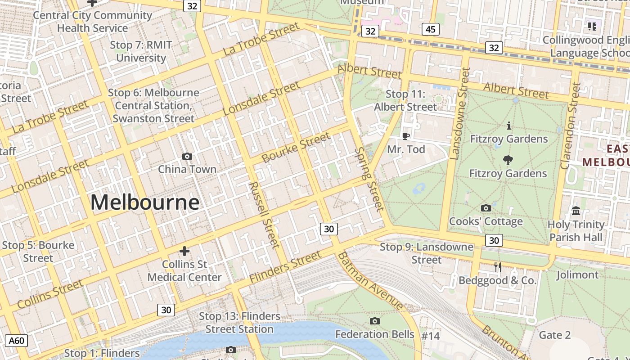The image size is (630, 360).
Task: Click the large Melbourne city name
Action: pyautogui.click(x=145, y=202)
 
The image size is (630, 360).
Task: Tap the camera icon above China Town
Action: pyautogui.click(x=187, y=156)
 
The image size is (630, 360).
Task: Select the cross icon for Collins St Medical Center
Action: pyautogui.click(x=184, y=251)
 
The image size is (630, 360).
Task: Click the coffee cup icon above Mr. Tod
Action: pyautogui.click(x=406, y=136)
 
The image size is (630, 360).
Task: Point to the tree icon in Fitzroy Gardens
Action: pyautogui.click(x=508, y=160)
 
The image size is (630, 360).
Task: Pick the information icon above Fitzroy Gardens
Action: pyautogui.click(x=508, y=125)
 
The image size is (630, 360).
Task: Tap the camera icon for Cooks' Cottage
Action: pyautogui.click(x=486, y=208)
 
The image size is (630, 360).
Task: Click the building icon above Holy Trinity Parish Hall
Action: pyautogui.click(x=576, y=211)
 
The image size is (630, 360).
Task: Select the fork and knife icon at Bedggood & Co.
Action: pyautogui.click(x=497, y=267)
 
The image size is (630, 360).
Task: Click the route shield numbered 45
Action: pyautogui.click(x=431, y=29)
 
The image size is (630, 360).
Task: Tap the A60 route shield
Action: pyautogui.click(x=17, y=341)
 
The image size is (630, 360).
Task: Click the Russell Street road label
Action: pyautogui.click(x=264, y=215)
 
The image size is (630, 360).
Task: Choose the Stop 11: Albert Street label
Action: pyautogui.click(x=405, y=100)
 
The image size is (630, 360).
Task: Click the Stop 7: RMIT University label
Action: pyautogui.click(x=141, y=51)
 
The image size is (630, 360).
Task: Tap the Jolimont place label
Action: pyautogui.click(x=577, y=274)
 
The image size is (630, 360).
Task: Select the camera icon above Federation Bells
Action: pyautogui.click(x=374, y=321)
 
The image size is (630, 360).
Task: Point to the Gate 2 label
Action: pyautogui.click(x=554, y=335)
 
